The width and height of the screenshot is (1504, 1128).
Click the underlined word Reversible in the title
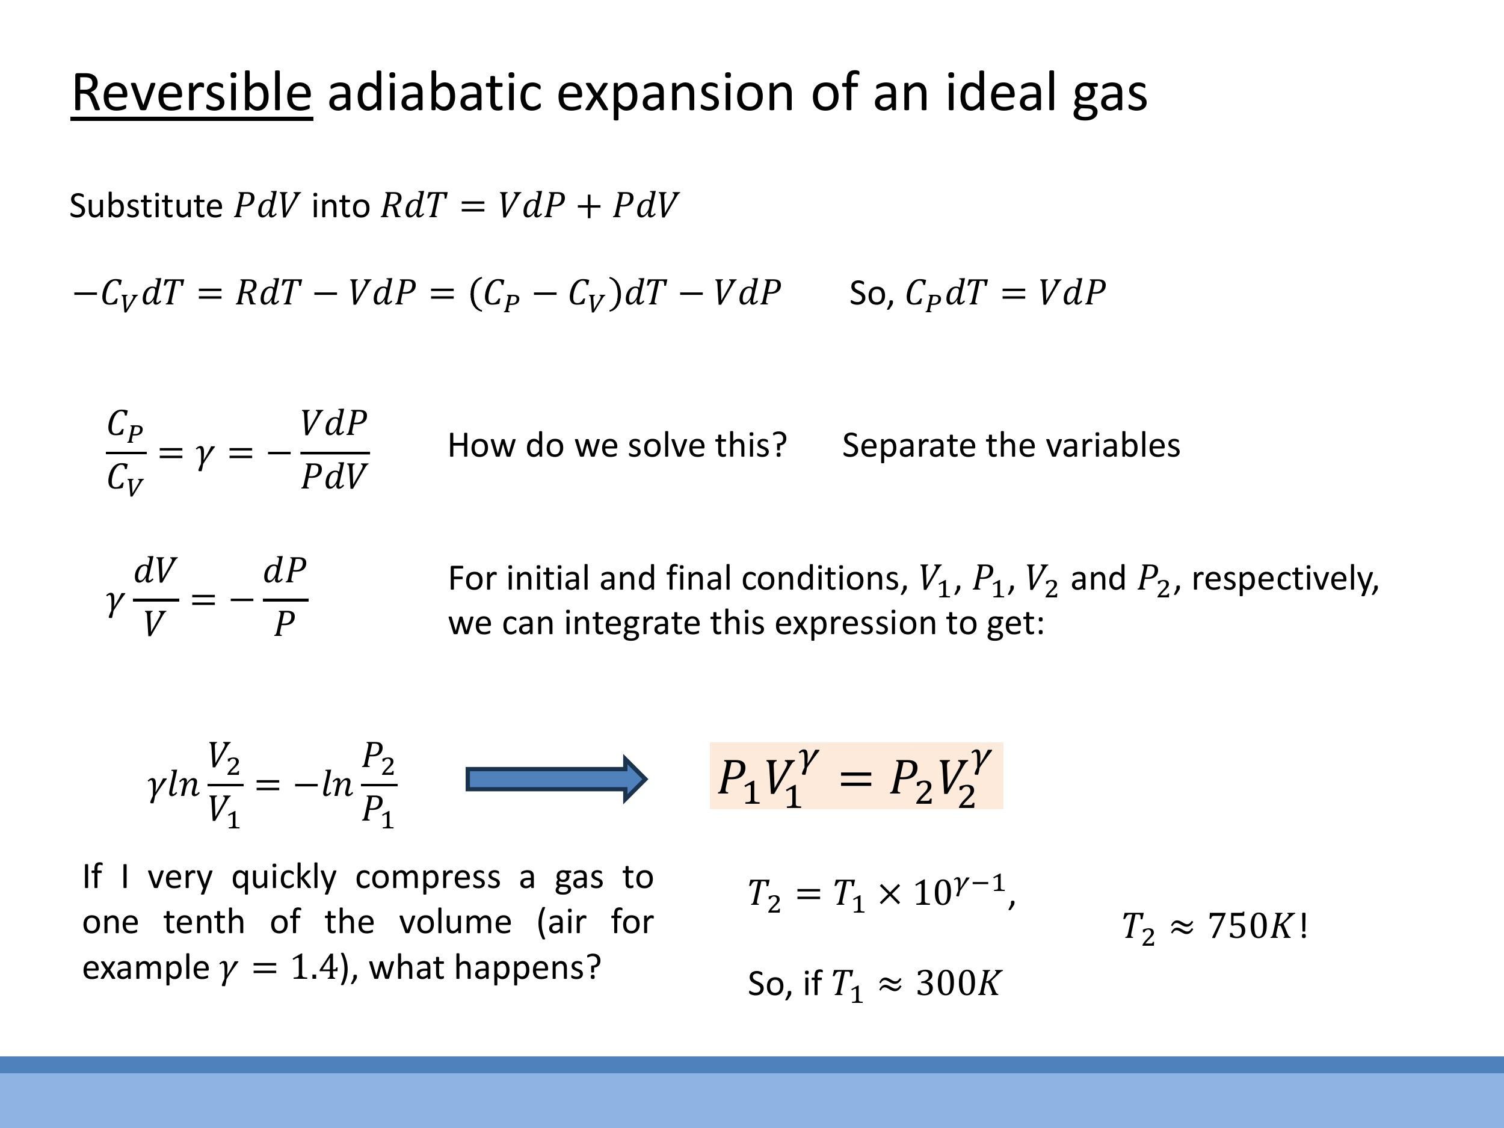(191, 93)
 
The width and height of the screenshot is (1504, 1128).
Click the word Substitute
(146, 205)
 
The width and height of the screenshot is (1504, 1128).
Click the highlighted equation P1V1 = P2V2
(855, 777)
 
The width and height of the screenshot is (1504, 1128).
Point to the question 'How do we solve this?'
(617, 445)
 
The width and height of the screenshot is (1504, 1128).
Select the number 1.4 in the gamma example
(314, 967)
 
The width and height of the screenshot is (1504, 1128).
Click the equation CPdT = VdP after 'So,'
(1005, 293)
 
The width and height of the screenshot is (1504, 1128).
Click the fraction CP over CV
(126, 451)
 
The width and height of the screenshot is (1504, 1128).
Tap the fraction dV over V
(155, 597)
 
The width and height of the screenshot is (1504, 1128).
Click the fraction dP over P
(285, 597)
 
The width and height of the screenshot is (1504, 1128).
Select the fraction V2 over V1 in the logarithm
(224, 784)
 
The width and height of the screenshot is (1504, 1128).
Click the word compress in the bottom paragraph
(428, 877)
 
